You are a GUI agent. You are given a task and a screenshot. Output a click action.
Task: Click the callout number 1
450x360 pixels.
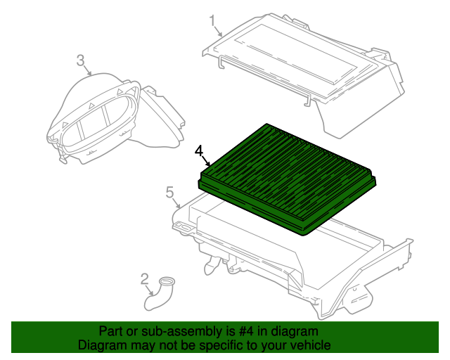coord(212,20)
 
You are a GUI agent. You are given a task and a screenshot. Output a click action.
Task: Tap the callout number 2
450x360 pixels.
coord(145,279)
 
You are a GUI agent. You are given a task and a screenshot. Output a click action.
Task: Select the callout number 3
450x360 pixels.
coord(81,60)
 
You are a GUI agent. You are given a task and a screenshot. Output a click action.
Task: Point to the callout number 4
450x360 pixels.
coord(199,150)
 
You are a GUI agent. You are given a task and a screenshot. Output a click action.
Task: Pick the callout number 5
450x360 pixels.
coord(170,192)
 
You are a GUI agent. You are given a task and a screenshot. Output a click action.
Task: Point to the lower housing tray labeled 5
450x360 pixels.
coord(290,255)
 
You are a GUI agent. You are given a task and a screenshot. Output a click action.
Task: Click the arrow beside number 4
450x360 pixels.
coord(207,161)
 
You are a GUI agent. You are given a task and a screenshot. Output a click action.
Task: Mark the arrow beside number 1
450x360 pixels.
coord(218,31)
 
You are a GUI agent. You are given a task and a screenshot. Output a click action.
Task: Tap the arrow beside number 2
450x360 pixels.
coord(149,290)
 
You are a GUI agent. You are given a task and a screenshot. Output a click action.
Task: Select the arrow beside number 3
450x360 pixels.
coord(87,70)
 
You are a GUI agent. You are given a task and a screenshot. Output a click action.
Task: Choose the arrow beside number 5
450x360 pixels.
coord(176,203)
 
